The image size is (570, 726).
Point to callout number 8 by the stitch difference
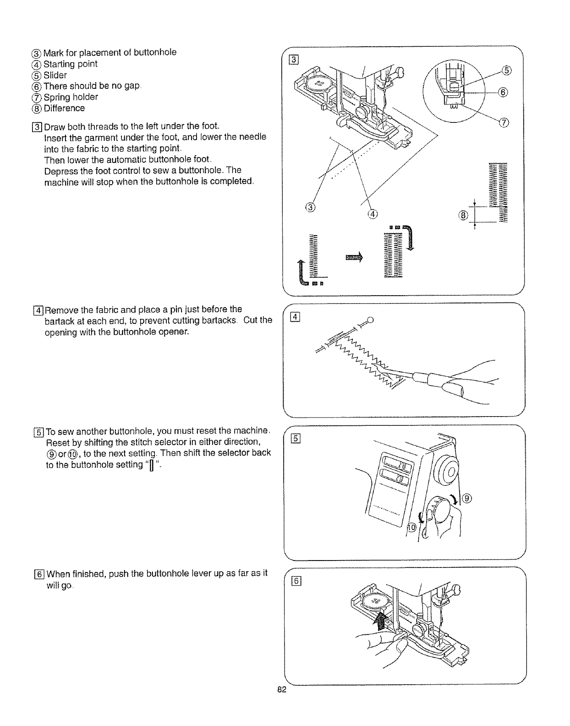[x=462, y=215]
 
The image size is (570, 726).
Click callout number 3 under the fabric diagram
[x=310, y=207]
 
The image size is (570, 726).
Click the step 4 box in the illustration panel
[x=296, y=317]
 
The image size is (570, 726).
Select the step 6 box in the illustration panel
[x=296, y=581]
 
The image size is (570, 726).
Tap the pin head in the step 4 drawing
[x=370, y=319]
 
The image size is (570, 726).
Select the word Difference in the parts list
[x=64, y=108]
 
